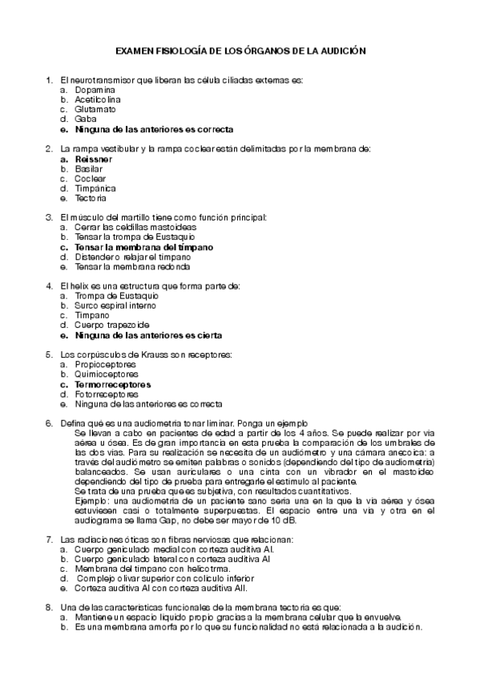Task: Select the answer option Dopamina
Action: pyautogui.click(x=95, y=89)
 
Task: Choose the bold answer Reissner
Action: pyautogui.click(x=94, y=159)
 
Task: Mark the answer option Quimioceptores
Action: pyautogui.click(x=106, y=374)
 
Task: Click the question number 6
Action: pyautogui.click(x=49, y=423)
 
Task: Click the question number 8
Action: pyautogui.click(x=49, y=607)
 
